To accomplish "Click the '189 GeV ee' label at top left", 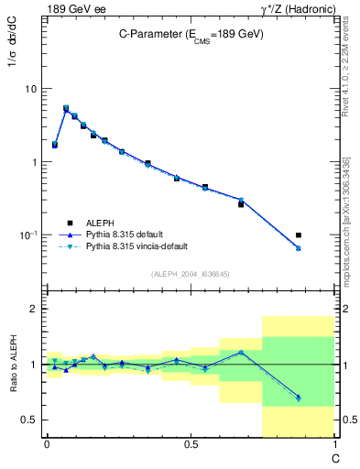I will pyautogui.click(x=74, y=9).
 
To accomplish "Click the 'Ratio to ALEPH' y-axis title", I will pyautogui.click(x=11, y=364).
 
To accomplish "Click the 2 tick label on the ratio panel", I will pyautogui.click(x=34, y=309).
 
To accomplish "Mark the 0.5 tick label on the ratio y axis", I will pyautogui.click(x=29, y=420).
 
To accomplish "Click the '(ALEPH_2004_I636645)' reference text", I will pyautogui.click(x=191, y=273).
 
